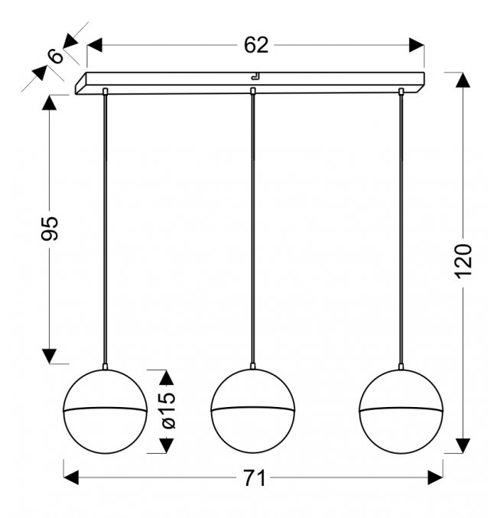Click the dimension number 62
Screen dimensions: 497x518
(x=256, y=45)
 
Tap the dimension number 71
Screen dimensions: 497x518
(x=255, y=478)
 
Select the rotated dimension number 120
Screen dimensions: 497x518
(x=463, y=262)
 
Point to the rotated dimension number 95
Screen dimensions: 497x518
(x=50, y=228)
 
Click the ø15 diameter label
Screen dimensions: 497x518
(x=168, y=410)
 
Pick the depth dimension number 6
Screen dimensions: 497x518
(x=56, y=56)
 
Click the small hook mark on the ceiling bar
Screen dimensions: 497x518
(x=256, y=77)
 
